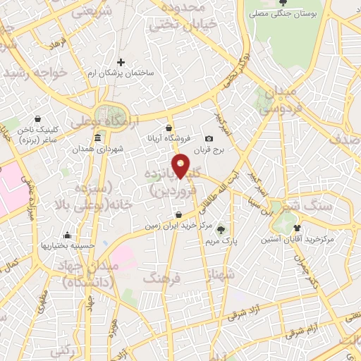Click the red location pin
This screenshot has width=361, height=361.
point(181,165)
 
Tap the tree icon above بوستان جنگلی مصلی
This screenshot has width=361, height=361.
point(283,4)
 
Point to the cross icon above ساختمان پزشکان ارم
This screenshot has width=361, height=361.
point(121,63)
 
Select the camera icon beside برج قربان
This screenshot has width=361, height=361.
point(209,138)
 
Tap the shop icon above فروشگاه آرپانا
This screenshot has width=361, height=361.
point(169,128)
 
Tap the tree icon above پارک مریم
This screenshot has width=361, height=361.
point(221,229)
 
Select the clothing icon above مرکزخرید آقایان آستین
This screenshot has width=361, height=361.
point(297,228)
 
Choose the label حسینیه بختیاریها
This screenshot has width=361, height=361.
point(68,246)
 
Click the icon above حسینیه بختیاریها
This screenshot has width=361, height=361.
point(68,235)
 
